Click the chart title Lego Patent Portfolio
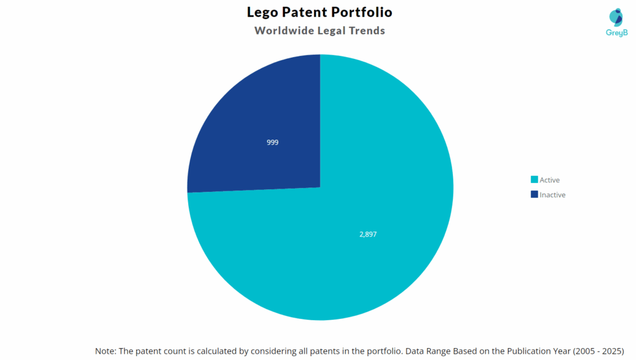coord(319,12)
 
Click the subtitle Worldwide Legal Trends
coord(319,30)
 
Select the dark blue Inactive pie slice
coord(261,118)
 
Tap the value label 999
coord(272,142)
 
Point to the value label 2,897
coord(368,234)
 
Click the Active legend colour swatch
coord(534,180)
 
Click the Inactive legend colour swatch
coord(534,194)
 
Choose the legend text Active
coord(550,180)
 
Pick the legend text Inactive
coord(553,194)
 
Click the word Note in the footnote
coord(106,351)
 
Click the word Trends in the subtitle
coord(366,30)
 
